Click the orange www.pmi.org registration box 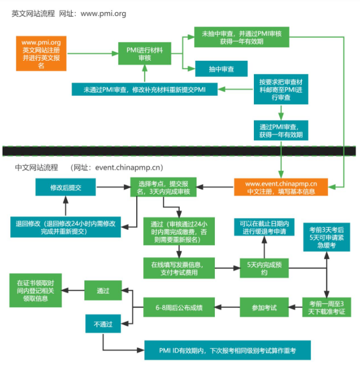(42, 53)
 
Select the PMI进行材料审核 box (145, 53)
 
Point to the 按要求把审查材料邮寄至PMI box (281, 90)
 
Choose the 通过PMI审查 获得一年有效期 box (281, 130)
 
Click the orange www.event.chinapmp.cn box (281, 187)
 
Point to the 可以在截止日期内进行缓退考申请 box (265, 227)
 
